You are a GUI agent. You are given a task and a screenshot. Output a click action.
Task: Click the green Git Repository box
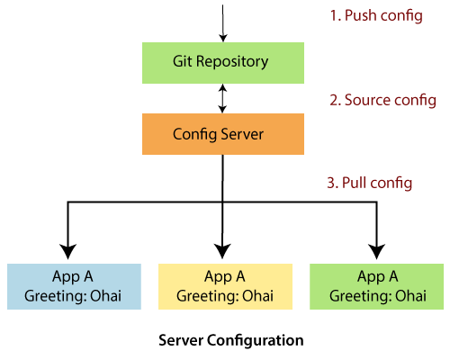(x=220, y=63)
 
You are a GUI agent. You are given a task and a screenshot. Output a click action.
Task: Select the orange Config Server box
(x=220, y=134)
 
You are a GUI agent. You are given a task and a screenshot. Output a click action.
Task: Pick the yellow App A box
(x=225, y=286)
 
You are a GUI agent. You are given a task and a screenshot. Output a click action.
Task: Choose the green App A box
(x=376, y=286)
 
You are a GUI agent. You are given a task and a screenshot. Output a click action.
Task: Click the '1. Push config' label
(x=375, y=17)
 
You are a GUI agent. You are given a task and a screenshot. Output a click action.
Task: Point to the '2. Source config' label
(x=382, y=100)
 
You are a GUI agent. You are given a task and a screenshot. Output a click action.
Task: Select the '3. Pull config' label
(x=369, y=183)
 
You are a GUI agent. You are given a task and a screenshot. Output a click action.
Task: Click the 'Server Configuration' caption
(x=230, y=341)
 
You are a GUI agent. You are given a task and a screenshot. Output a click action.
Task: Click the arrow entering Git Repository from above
(x=220, y=22)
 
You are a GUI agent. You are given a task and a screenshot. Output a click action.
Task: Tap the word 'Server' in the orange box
(x=245, y=134)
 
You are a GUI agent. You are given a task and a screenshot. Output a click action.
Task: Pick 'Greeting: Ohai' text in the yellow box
(x=225, y=295)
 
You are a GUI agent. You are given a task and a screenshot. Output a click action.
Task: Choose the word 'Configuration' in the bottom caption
(x=256, y=341)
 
